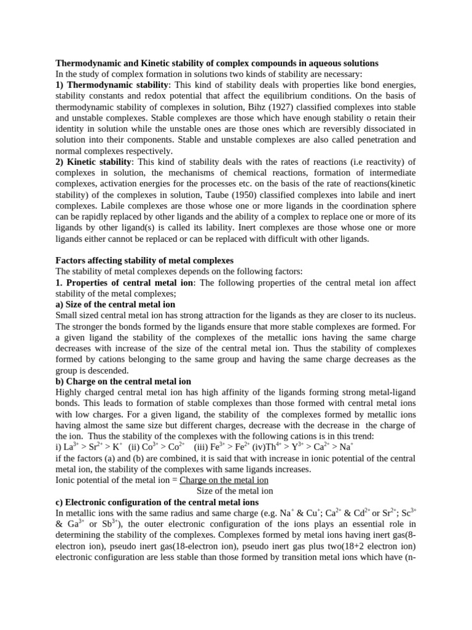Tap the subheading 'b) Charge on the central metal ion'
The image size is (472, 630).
(124, 382)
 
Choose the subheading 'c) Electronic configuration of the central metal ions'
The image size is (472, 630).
(165, 501)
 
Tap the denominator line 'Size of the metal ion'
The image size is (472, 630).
(235, 491)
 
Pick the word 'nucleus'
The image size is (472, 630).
(399, 316)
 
